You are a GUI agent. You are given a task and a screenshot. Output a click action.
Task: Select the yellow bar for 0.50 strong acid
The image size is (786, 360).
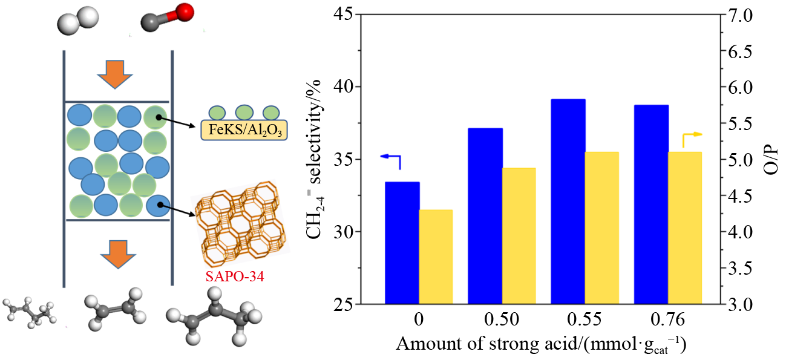[518, 235]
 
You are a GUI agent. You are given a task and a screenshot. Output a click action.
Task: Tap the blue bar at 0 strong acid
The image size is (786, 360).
[402, 242]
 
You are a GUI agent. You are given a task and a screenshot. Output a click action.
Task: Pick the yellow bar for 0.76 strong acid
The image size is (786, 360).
[684, 227]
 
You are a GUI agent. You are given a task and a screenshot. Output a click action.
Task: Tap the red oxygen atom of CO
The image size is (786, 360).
[186, 11]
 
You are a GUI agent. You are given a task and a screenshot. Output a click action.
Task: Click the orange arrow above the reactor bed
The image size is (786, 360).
[118, 74]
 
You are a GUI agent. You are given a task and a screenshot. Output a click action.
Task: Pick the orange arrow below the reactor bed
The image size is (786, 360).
[118, 253]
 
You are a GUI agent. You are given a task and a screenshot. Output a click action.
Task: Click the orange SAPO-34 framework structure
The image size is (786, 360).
[240, 223]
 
